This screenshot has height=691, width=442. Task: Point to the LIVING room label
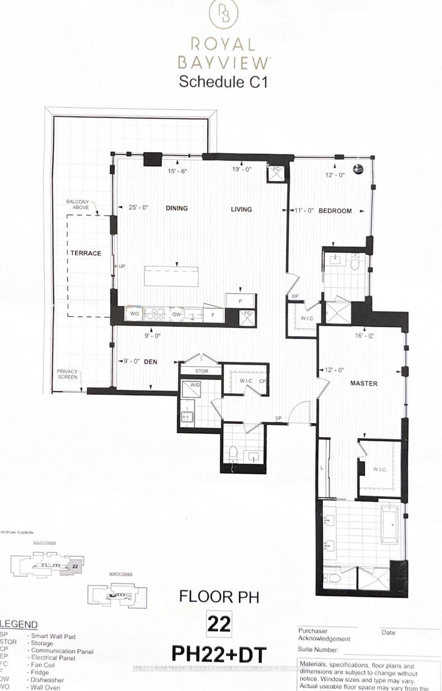click(x=241, y=209)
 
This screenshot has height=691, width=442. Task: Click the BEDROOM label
click(x=335, y=210)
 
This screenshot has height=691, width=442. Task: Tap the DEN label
click(x=151, y=362)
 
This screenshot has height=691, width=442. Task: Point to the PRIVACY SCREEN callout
click(x=68, y=374)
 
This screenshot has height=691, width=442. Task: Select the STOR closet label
click(x=200, y=371)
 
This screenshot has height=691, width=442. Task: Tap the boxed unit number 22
click(x=220, y=625)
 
